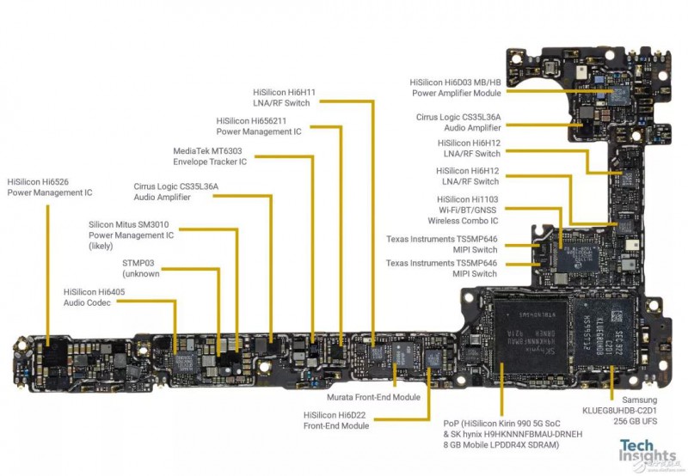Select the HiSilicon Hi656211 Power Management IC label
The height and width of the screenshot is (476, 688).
258,126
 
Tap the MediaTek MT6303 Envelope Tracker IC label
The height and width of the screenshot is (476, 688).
210,156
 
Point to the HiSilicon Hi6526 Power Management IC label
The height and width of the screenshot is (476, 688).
49,187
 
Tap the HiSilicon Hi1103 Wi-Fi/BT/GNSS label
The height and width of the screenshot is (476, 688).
468,210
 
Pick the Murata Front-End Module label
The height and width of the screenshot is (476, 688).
373,398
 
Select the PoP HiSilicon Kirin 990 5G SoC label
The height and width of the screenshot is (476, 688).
507,434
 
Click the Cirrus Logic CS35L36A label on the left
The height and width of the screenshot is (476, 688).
175,192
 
